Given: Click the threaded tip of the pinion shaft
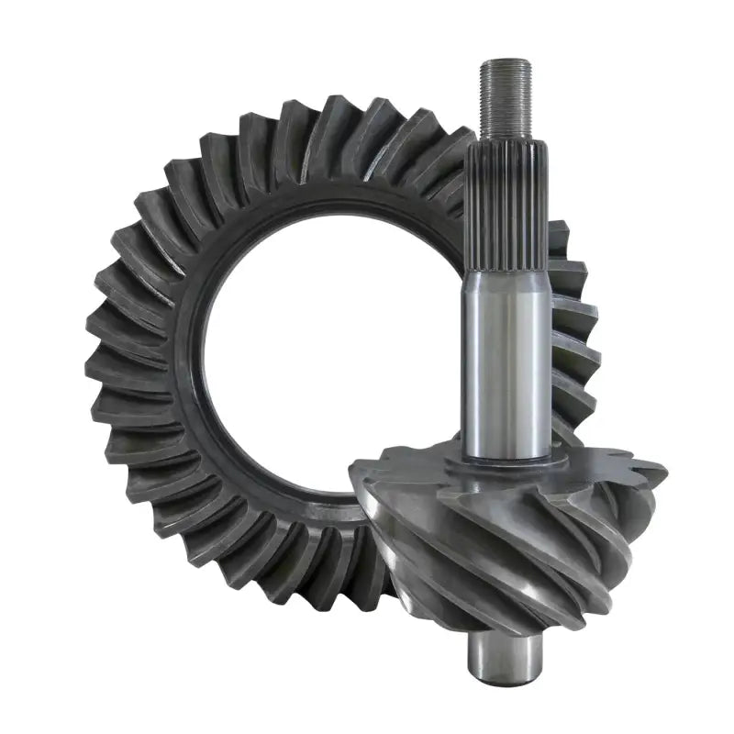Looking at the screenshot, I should [x=505, y=96].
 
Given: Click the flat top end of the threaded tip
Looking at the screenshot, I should [x=505, y=62].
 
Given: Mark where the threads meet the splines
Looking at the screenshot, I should [x=506, y=135].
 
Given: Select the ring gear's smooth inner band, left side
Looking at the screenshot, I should [x=197, y=358].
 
